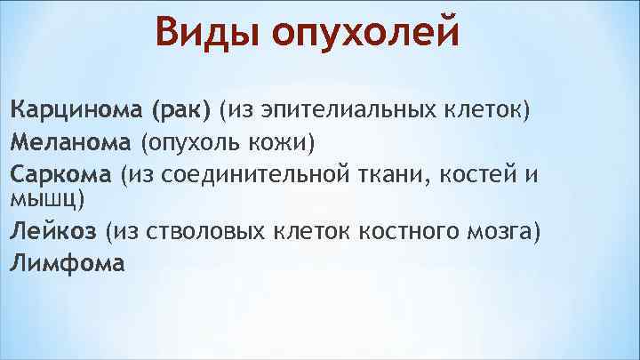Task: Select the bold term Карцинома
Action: [x=75, y=112]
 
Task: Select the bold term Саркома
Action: [x=61, y=172]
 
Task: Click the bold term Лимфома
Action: [x=68, y=263]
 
